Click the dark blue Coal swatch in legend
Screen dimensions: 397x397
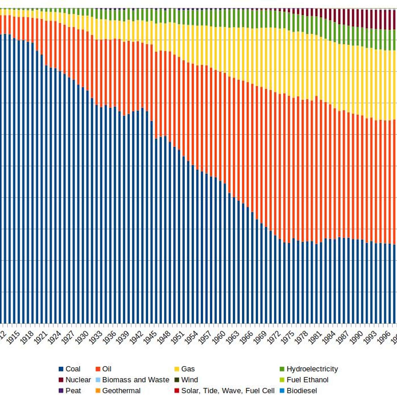61,369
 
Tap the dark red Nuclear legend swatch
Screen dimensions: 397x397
61,380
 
